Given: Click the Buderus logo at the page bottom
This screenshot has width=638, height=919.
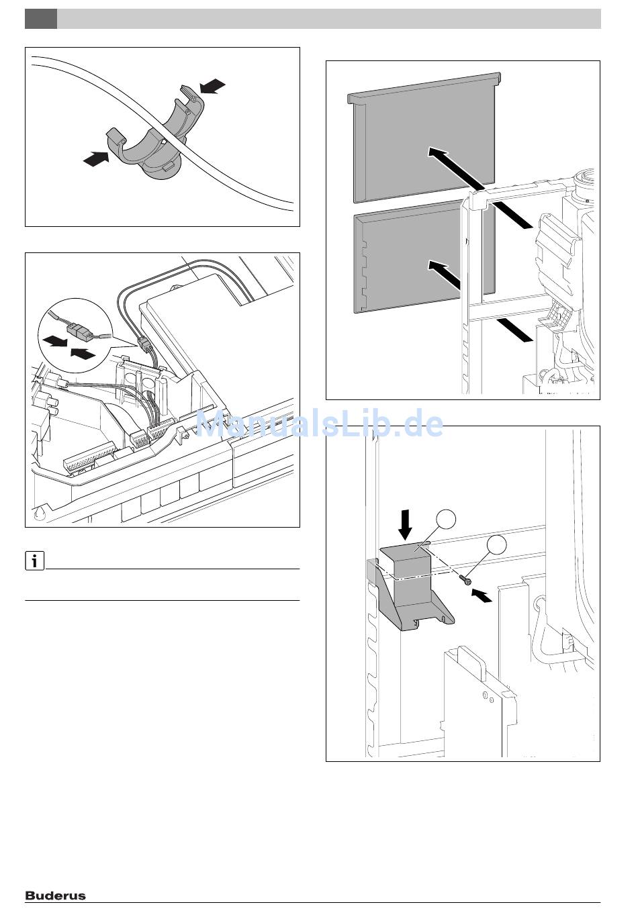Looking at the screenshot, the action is pyautogui.click(x=56, y=895).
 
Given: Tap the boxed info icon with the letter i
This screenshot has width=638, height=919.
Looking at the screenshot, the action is pyautogui.click(x=34, y=561).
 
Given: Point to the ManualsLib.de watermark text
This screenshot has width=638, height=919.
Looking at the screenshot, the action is pyautogui.click(x=320, y=424).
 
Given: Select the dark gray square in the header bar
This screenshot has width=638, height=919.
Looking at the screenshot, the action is pyautogui.click(x=40, y=19).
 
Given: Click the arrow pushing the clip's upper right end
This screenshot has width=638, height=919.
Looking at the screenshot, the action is pyautogui.click(x=213, y=86).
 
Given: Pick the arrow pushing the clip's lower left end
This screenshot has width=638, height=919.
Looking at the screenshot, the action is pyautogui.click(x=95, y=158).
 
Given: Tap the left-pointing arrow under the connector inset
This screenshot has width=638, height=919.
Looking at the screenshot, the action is pyautogui.click(x=55, y=341).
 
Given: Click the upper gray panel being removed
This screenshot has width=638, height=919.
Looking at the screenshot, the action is pyautogui.click(x=423, y=134).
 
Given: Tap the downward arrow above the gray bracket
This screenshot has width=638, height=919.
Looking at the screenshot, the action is pyautogui.click(x=405, y=524).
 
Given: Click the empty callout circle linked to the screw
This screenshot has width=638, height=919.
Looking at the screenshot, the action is pyautogui.click(x=498, y=545).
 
